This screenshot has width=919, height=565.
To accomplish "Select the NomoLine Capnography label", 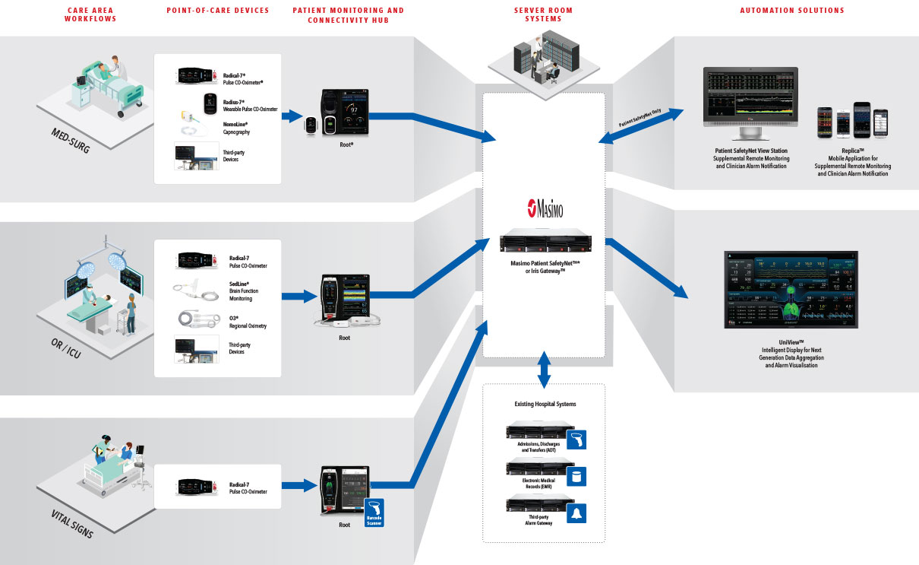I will [238, 128].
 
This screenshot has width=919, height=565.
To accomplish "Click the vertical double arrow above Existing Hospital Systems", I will [544, 370].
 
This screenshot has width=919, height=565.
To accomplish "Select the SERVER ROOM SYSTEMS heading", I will [544, 14].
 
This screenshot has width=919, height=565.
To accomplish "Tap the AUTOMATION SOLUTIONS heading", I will [792, 11].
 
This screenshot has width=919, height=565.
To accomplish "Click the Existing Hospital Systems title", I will [544, 404].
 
